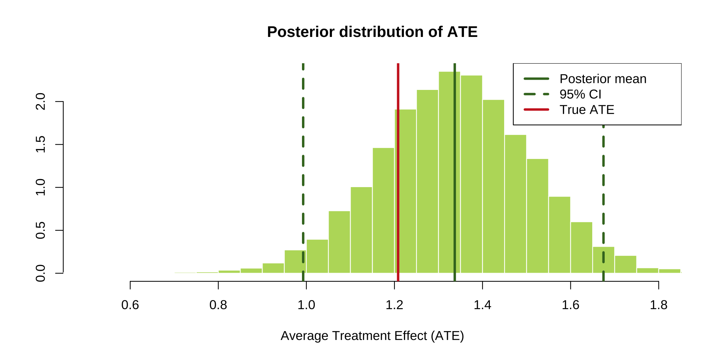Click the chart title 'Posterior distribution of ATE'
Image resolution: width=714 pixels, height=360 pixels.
pyautogui.click(x=372, y=32)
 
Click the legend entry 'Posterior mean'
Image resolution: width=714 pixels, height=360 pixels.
pyautogui.click(x=602, y=79)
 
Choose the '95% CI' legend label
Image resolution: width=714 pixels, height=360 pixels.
pyautogui.click(x=580, y=94)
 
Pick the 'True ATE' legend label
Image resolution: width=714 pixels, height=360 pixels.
pyautogui.click(x=586, y=110)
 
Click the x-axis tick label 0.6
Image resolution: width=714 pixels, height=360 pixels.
pyautogui.click(x=130, y=305)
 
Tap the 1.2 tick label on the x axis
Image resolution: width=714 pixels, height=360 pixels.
pyautogui.click(x=394, y=305)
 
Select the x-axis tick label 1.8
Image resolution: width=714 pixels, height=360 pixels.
pyautogui.click(x=658, y=305)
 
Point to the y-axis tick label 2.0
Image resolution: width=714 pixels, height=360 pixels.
pyautogui.click(x=40, y=102)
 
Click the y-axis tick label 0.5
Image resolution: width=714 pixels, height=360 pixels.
pyautogui.click(x=40, y=231)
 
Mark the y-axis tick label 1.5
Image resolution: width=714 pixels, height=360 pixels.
pyautogui.click(x=40, y=144)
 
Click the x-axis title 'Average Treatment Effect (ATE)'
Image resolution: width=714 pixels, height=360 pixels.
pyautogui.click(x=372, y=336)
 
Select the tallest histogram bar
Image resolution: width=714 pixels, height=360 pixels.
pyautogui.click(x=449, y=172)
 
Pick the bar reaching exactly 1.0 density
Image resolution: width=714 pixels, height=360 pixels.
pyautogui.click(x=361, y=230)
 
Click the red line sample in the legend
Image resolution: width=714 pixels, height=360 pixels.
pyautogui.click(x=536, y=110)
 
